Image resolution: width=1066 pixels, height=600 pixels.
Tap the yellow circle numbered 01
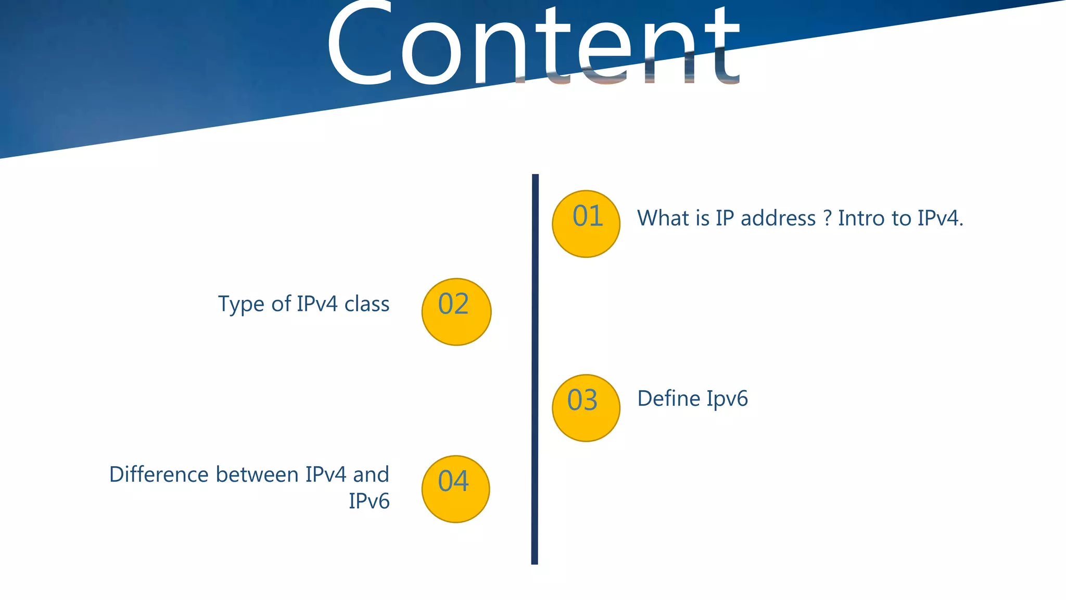tap(586, 223)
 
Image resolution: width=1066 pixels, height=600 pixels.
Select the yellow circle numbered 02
tap(456, 311)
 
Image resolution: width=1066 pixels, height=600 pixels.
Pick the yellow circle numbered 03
tap(586, 408)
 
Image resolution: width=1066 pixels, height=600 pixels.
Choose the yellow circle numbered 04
tap(455, 489)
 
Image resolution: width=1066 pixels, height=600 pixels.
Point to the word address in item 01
tap(778, 218)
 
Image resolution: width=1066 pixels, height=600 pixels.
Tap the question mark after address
tap(827, 218)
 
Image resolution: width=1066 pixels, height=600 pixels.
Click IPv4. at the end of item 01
tap(940, 218)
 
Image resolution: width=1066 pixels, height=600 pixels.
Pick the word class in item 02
tap(366, 304)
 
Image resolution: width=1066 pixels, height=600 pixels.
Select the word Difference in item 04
tap(159, 474)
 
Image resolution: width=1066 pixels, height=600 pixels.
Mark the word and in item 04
tap(371, 474)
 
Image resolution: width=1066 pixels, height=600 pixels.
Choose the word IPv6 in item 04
tap(369, 501)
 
